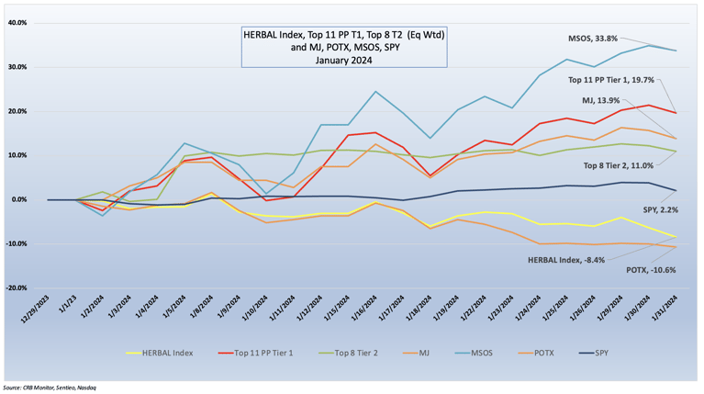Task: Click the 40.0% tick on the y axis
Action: (x=17, y=23)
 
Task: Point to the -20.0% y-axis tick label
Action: (x=17, y=287)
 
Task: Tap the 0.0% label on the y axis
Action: (x=19, y=199)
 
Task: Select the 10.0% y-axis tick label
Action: (x=17, y=155)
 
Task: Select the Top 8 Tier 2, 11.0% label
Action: (x=622, y=166)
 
